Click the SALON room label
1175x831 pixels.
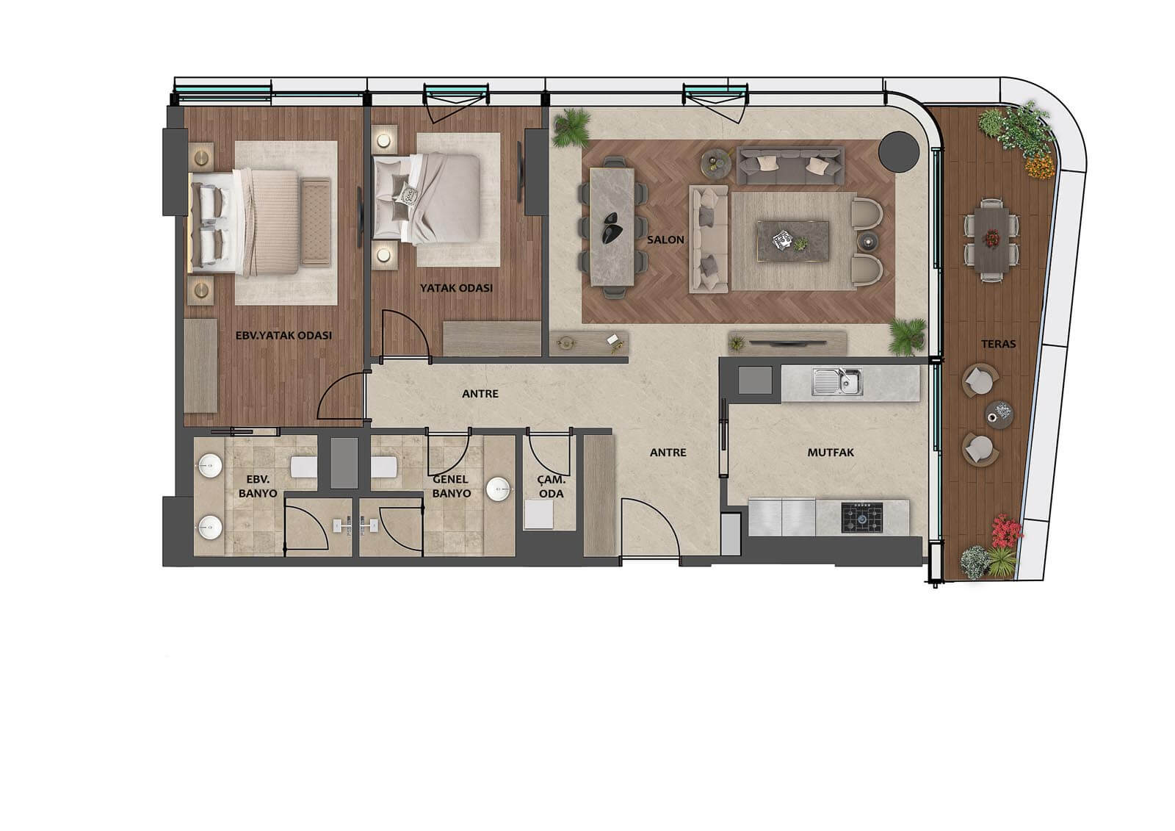tap(665, 240)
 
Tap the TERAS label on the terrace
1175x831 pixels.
tap(998, 344)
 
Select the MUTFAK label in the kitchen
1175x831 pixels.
tap(831, 452)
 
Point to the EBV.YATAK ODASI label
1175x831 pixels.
tap(283, 335)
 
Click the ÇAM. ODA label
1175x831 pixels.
tap(552, 486)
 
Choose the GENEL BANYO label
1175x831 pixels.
tap(451, 486)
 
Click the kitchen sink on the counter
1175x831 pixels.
tap(837, 381)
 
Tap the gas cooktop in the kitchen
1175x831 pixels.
tap(862, 517)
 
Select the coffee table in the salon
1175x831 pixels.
tap(792, 241)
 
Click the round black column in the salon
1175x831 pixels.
tap(899, 151)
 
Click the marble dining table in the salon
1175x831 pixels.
tap(612, 227)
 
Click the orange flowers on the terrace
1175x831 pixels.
tap(1040, 167)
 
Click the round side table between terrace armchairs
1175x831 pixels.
tap(999, 414)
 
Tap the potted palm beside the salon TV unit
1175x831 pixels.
tap(907, 336)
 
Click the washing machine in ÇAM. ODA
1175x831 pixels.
tap(539, 514)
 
